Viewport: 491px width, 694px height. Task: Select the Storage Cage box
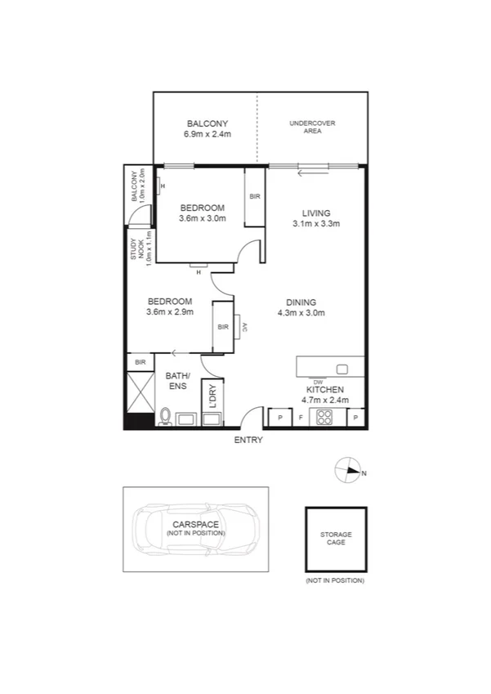click(336, 540)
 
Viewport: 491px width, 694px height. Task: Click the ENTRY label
click(248, 440)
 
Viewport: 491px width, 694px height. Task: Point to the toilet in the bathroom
click(165, 418)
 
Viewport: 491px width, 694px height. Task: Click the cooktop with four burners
click(324, 418)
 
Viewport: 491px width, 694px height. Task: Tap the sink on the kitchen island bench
click(341, 368)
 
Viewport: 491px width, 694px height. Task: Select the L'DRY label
click(212, 396)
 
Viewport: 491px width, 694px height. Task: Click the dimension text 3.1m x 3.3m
click(316, 223)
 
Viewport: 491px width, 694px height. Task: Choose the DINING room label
click(301, 302)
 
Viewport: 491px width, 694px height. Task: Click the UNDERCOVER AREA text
click(312, 128)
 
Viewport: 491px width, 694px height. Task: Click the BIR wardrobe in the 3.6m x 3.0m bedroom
click(254, 197)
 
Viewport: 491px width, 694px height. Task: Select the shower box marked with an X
click(139, 393)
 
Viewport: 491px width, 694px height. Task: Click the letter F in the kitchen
click(300, 418)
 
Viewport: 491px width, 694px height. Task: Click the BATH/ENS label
click(177, 381)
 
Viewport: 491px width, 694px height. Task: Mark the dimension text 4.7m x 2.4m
click(325, 401)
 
